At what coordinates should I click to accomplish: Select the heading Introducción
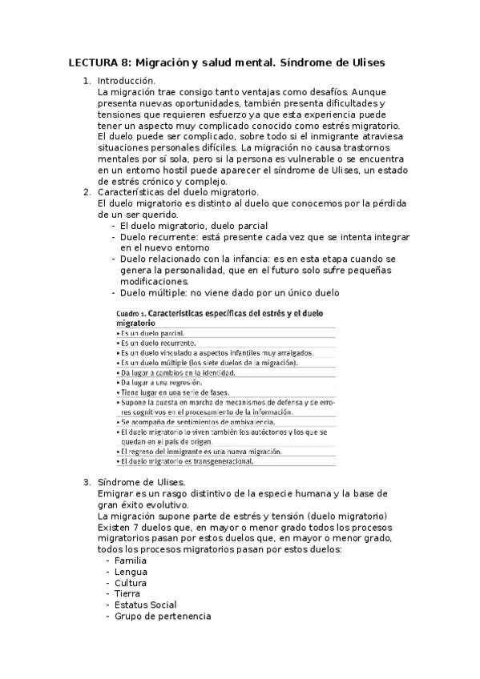127,81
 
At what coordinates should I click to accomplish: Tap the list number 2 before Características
87,193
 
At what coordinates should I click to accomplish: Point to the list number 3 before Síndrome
87,482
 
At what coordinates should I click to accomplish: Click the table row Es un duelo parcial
152,332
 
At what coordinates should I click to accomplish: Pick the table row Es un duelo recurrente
158,343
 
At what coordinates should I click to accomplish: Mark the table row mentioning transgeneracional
187,461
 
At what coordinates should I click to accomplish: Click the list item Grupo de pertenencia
163,617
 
